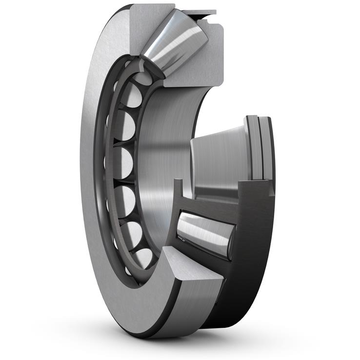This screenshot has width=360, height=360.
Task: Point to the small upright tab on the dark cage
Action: click(177, 188)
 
